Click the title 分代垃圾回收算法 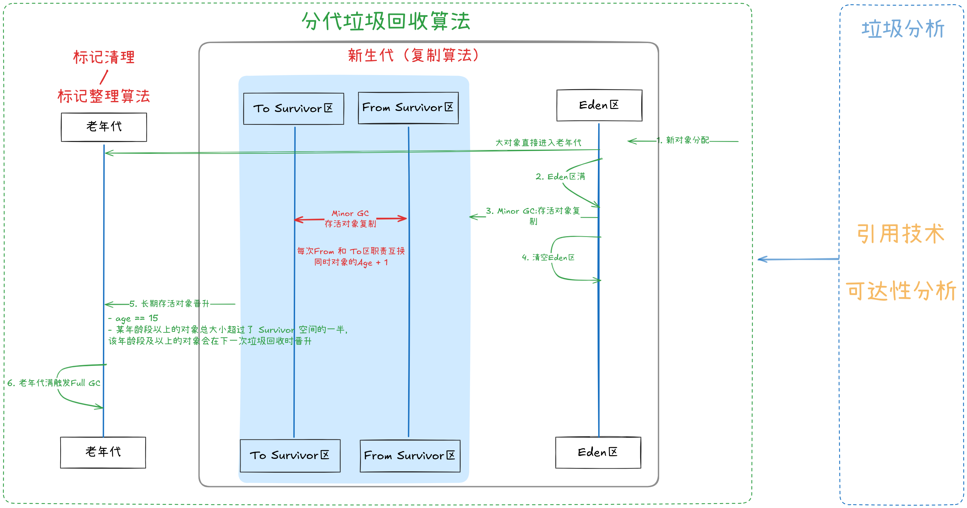click(386, 22)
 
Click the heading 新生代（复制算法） click(413, 55)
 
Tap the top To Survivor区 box click(293, 109)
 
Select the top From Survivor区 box click(408, 108)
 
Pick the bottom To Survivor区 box click(290, 456)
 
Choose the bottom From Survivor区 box click(410, 456)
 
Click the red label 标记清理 click(104, 58)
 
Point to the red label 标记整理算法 click(104, 96)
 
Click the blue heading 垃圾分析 click(902, 29)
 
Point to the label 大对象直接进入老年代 click(538, 143)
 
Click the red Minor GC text click(350, 213)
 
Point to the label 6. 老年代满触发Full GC click(54, 383)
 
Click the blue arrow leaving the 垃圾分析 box click(798, 259)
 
